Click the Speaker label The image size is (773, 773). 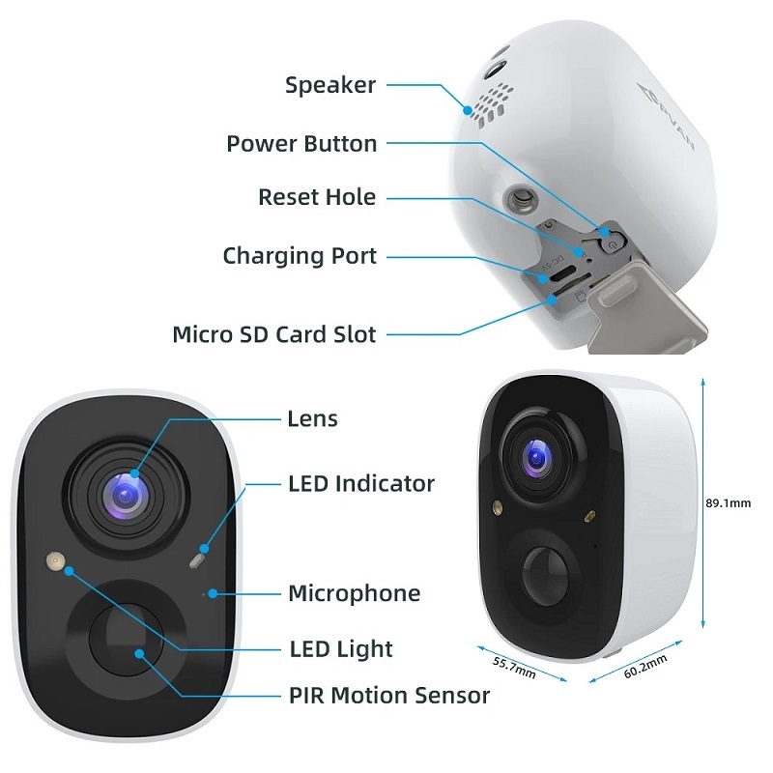(x=329, y=85)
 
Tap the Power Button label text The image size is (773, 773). (x=301, y=144)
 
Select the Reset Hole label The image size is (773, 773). (x=317, y=197)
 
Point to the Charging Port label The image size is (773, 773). (x=300, y=256)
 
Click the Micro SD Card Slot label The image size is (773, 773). (x=273, y=334)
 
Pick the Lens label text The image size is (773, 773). (x=313, y=418)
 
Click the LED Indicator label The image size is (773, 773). (x=361, y=483)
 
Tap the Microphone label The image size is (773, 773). (x=355, y=592)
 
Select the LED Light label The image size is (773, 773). (x=341, y=647)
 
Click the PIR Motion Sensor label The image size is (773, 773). (x=388, y=695)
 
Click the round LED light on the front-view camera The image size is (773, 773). (x=54, y=559)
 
